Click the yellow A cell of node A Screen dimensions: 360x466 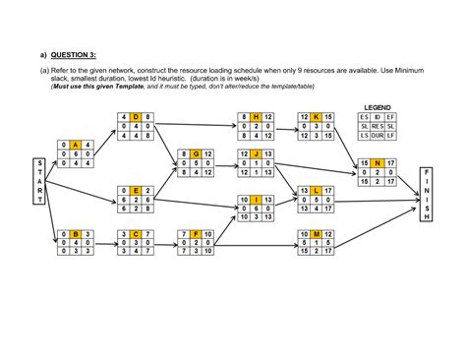75,145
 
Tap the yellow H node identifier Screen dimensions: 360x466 255,117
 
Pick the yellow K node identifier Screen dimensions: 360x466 317,117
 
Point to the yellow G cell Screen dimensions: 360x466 196,154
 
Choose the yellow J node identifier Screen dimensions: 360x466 255,154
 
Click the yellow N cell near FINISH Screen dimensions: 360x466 379,163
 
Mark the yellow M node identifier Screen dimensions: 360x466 317,233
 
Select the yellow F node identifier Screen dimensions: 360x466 196,233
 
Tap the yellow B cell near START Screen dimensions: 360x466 75,233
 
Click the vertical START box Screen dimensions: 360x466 38,180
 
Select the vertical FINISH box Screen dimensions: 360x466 425,193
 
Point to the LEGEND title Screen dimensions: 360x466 378,106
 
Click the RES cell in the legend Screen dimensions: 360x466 378,127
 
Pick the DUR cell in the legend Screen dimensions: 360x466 378,137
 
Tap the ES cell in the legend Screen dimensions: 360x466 364,117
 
